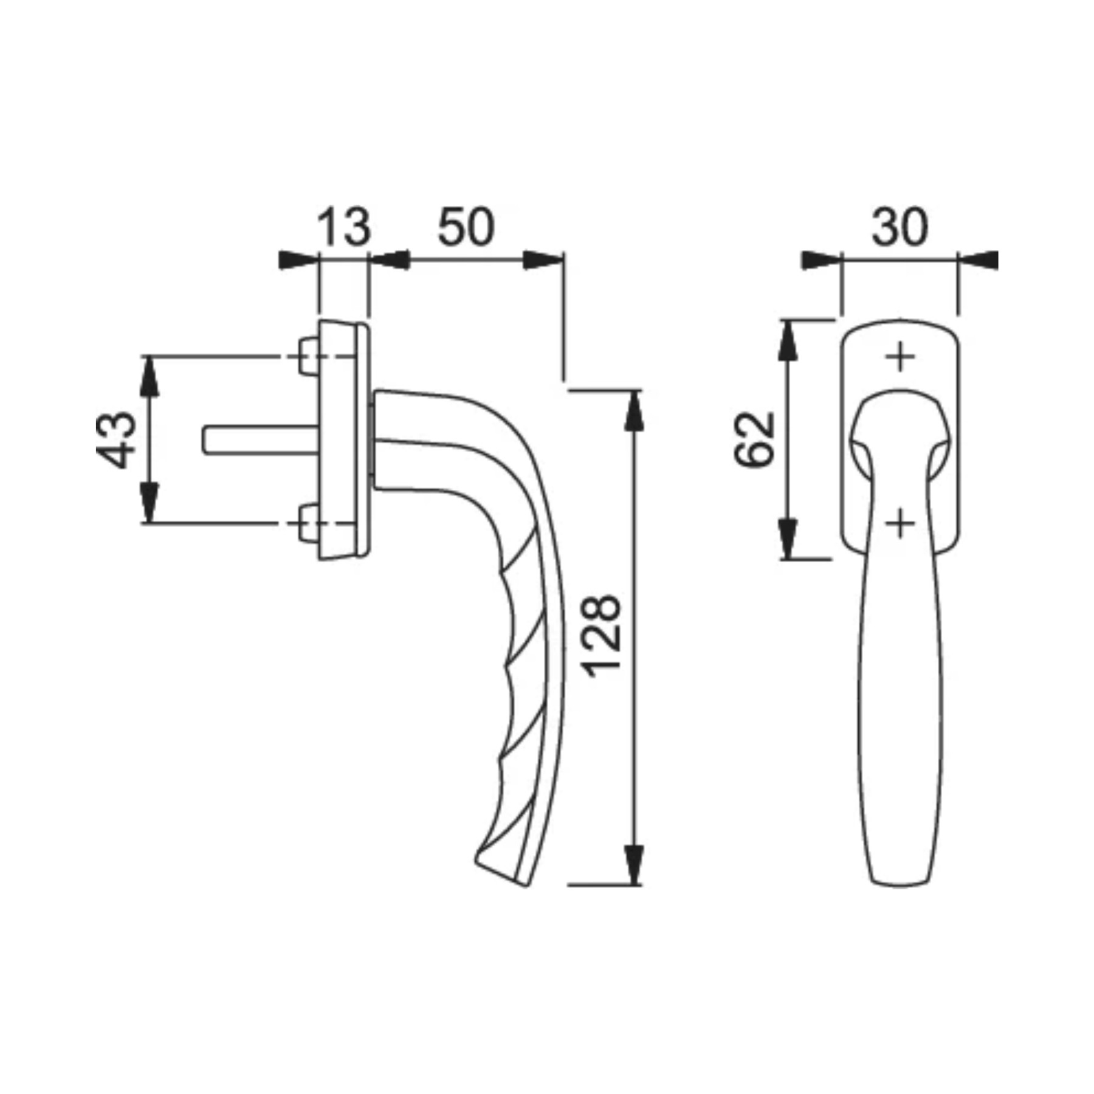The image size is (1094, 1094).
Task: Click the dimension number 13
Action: (x=343, y=227)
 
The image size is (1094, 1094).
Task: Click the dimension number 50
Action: (x=466, y=227)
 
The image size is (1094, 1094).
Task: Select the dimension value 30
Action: (x=900, y=227)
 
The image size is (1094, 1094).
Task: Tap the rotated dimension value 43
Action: (x=115, y=440)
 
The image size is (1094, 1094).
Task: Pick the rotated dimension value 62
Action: (x=755, y=439)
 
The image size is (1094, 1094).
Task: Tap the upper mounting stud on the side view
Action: (x=309, y=356)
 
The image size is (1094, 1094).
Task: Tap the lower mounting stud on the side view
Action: (x=309, y=523)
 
